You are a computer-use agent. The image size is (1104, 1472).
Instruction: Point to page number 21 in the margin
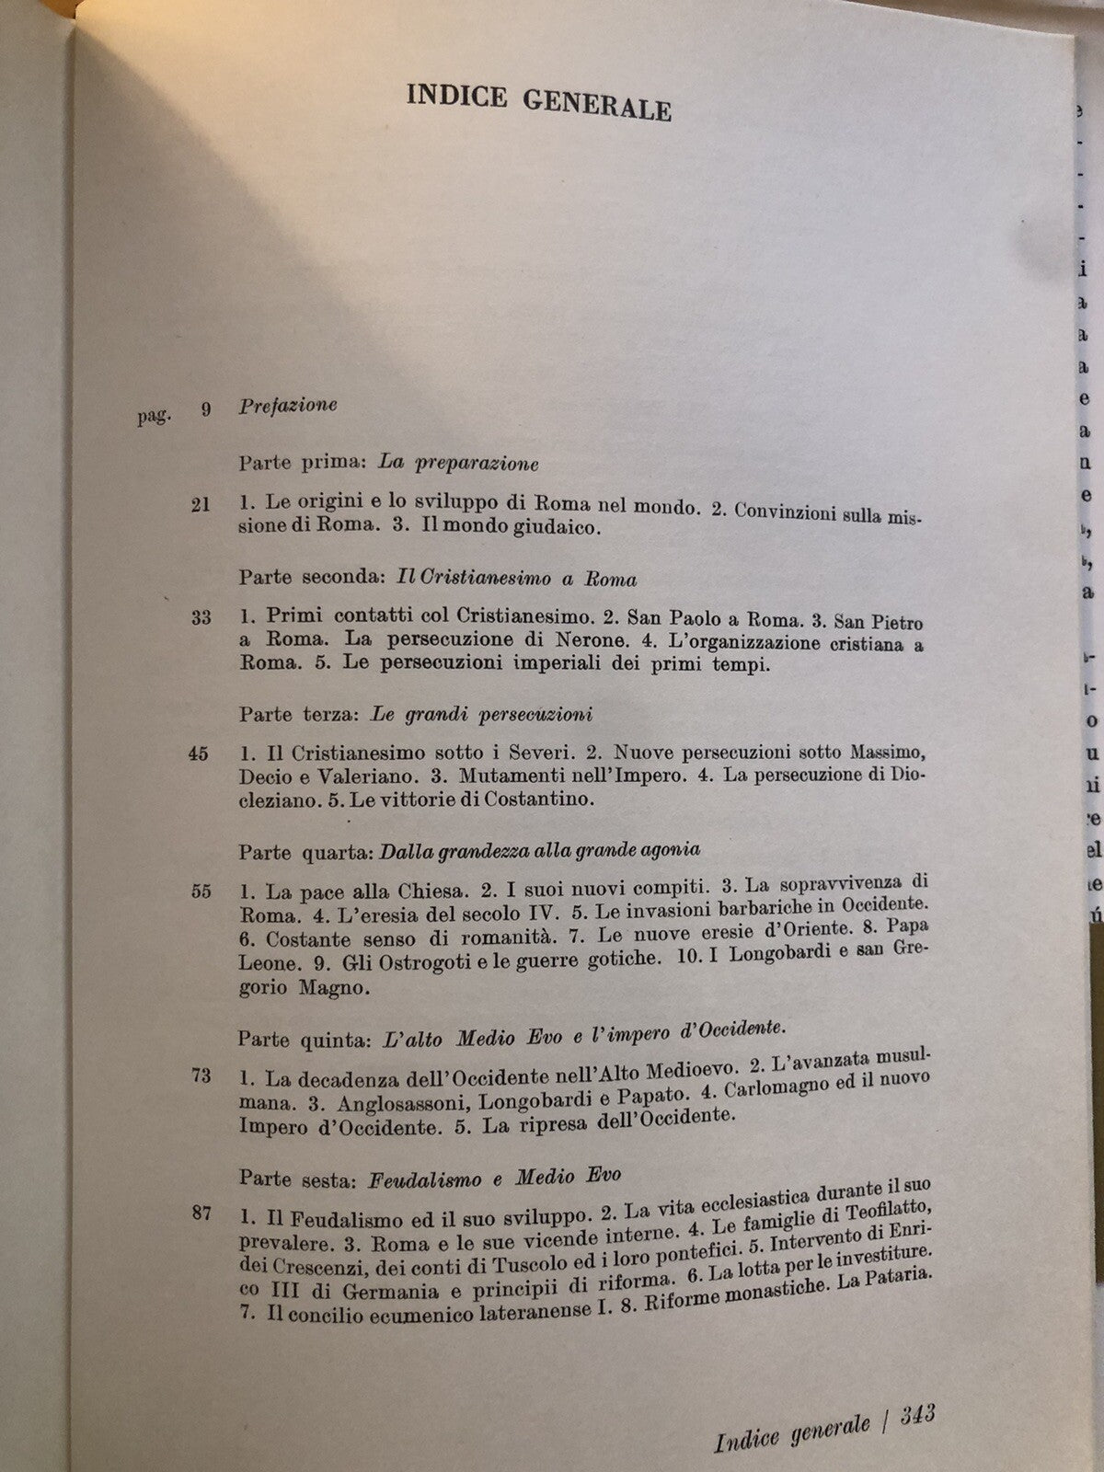201,504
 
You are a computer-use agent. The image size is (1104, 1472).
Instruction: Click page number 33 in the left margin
201,617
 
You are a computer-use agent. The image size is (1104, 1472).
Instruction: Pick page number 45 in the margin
199,753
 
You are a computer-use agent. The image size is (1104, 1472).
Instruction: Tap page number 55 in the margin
201,891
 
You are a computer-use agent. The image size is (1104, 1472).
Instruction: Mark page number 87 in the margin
201,1213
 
